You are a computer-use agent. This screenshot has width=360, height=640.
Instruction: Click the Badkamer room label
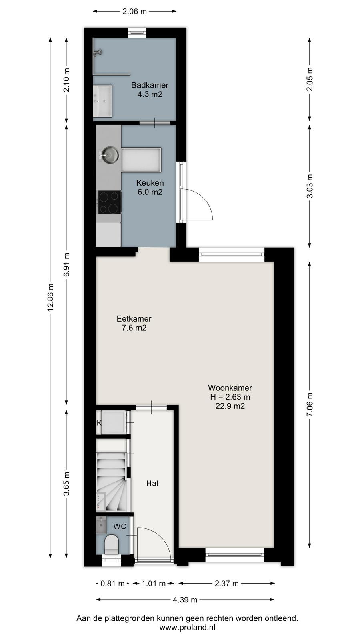click(x=150, y=85)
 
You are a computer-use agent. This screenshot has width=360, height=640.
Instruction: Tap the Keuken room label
click(x=150, y=183)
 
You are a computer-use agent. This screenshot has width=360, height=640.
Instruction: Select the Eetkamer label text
click(x=134, y=318)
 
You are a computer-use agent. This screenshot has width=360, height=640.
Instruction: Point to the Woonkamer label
click(x=230, y=388)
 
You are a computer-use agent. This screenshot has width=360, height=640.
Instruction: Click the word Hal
click(x=152, y=483)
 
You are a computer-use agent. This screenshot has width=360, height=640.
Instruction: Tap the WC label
click(x=120, y=526)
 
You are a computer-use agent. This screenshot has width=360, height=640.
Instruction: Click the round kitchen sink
click(x=110, y=155)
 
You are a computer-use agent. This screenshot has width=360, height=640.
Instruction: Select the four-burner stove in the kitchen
click(x=109, y=202)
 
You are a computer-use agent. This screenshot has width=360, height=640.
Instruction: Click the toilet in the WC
click(x=112, y=544)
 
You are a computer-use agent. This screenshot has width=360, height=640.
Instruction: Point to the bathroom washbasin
click(x=102, y=101)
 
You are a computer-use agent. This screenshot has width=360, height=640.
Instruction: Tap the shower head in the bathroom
click(x=98, y=52)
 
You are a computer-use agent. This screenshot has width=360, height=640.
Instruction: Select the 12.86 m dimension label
click(x=50, y=297)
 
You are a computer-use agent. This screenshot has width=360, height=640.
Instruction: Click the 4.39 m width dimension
click(x=185, y=600)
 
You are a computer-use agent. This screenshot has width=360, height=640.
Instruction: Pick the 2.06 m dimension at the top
click(x=134, y=12)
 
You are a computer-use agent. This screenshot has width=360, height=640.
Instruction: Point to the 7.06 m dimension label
click(x=310, y=404)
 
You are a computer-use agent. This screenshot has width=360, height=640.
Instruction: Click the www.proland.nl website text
click(x=187, y=627)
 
